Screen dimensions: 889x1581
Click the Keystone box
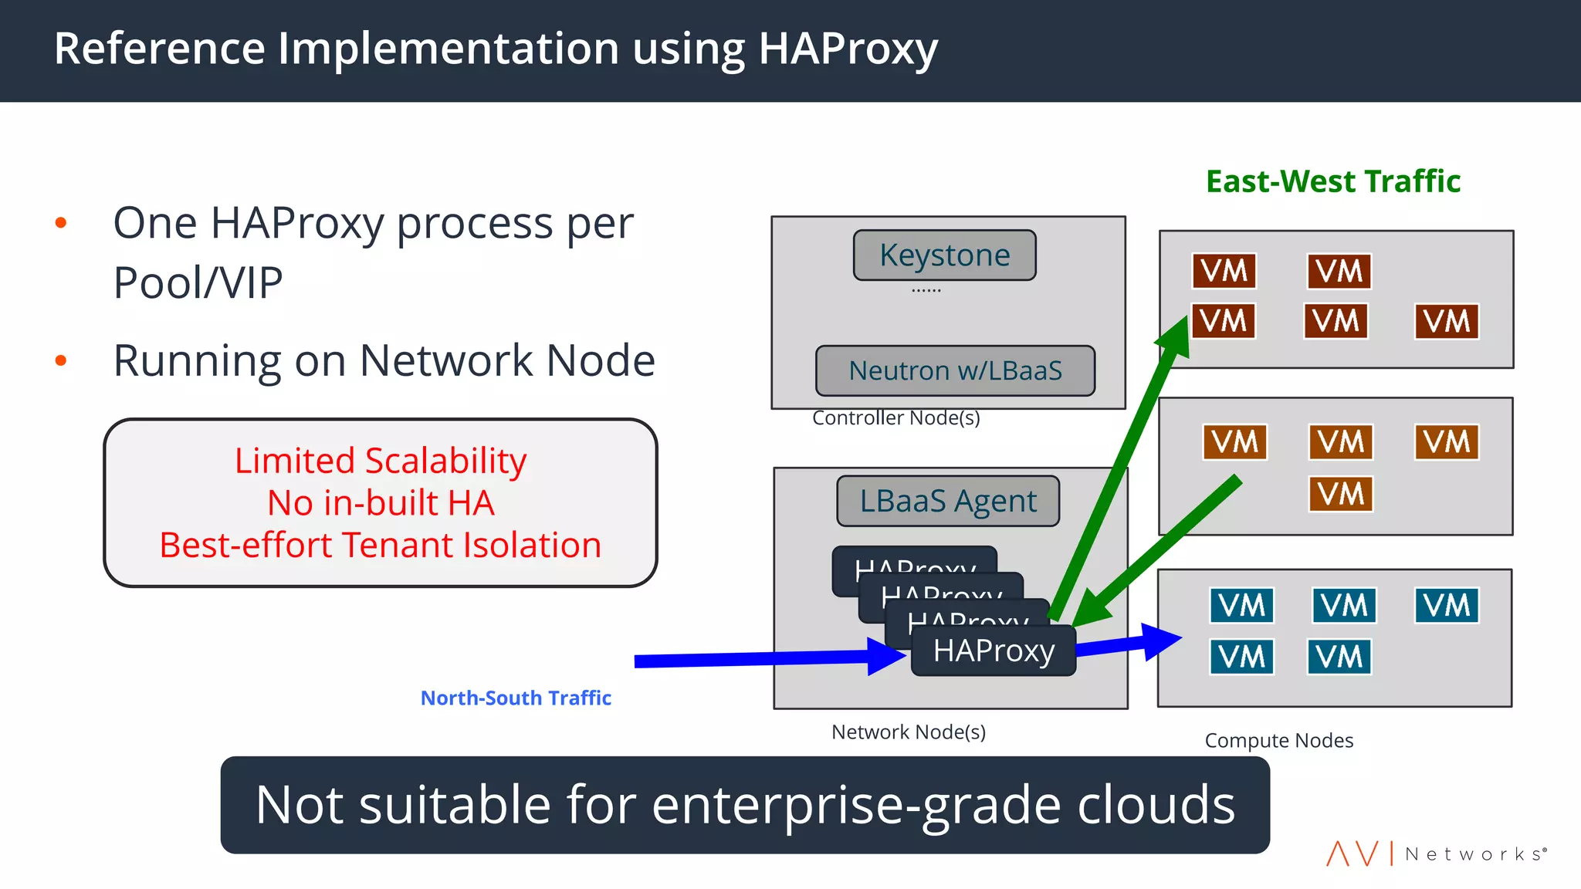(944, 255)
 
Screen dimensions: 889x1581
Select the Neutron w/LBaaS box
(955, 371)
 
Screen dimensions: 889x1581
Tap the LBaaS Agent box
(948, 502)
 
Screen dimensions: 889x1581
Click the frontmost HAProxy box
(994, 651)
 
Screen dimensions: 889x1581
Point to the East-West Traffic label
(1333, 181)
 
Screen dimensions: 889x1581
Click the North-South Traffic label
(516, 698)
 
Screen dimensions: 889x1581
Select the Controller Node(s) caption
(895, 418)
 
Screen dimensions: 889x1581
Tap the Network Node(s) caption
(909, 732)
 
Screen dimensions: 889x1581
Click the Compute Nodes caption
(1279, 741)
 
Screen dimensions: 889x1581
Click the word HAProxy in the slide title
(848, 49)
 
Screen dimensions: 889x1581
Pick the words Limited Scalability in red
(381, 461)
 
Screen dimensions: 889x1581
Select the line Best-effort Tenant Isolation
(381, 546)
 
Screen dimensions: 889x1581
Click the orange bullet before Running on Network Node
(61, 360)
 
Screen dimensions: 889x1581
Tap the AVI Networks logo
(1436, 854)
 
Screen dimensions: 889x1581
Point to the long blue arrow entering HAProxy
(757, 659)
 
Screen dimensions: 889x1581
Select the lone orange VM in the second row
(1341, 494)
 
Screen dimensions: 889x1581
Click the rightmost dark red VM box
(1447, 322)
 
